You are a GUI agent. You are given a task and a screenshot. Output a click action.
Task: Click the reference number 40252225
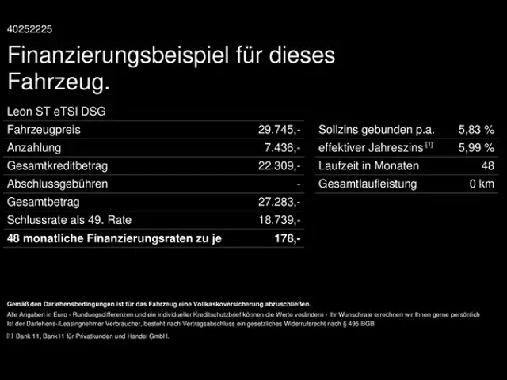click(30, 29)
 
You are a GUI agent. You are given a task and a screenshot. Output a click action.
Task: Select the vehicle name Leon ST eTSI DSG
click(55, 112)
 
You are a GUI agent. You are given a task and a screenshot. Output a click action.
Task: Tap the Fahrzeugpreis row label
click(44, 130)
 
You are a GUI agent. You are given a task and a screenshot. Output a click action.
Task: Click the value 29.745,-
click(280, 130)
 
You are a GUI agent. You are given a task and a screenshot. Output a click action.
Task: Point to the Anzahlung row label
click(34, 148)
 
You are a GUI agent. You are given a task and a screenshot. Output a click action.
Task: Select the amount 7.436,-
click(282, 148)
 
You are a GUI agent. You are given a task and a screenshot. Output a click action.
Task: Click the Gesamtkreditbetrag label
click(57, 166)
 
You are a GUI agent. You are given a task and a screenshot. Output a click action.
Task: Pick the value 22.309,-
click(280, 166)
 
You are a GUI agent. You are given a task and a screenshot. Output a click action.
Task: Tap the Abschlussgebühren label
click(57, 184)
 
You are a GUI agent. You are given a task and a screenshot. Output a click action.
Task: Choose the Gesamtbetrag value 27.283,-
click(280, 203)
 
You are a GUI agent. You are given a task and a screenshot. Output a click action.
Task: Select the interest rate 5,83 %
click(476, 130)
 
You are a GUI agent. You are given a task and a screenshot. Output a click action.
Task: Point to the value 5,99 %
click(476, 148)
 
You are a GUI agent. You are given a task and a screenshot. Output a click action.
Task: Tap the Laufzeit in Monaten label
click(367, 166)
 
